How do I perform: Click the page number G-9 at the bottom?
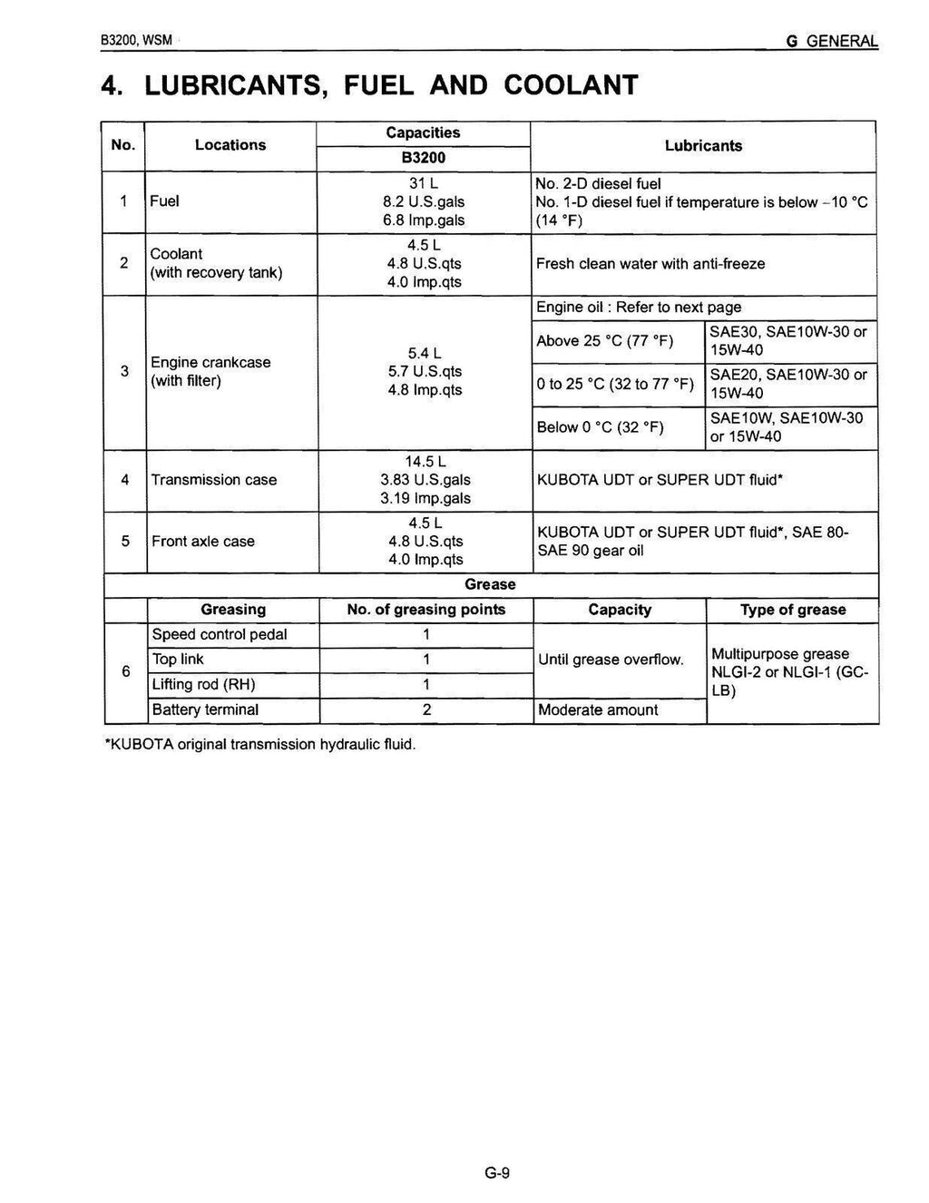pyautogui.click(x=497, y=1173)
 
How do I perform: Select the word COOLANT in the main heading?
pyautogui.click(x=571, y=84)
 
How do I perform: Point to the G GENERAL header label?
pyautogui.click(x=832, y=42)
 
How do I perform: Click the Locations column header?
pyautogui.click(x=230, y=145)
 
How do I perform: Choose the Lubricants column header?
pyautogui.click(x=703, y=146)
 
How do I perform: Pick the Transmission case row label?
pyautogui.click(x=214, y=480)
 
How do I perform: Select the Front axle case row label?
pyautogui.click(x=203, y=542)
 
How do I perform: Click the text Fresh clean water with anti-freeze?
pyautogui.click(x=650, y=264)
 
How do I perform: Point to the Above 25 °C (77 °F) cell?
pyautogui.click(x=604, y=341)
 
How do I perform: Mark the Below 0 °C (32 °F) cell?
pyautogui.click(x=600, y=427)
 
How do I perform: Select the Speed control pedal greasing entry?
pyautogui.click(x=220, y=635)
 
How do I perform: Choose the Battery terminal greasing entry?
pyautogui.click(x=205, y=710)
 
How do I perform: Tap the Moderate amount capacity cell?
pyautogui.click(x=598, y=710)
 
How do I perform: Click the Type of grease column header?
pyautogui.click(x=792, y=611)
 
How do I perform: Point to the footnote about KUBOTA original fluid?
pyautogui.click(x=261, y=745)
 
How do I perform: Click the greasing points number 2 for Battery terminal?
pyautogui.click(x=425, y=710)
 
